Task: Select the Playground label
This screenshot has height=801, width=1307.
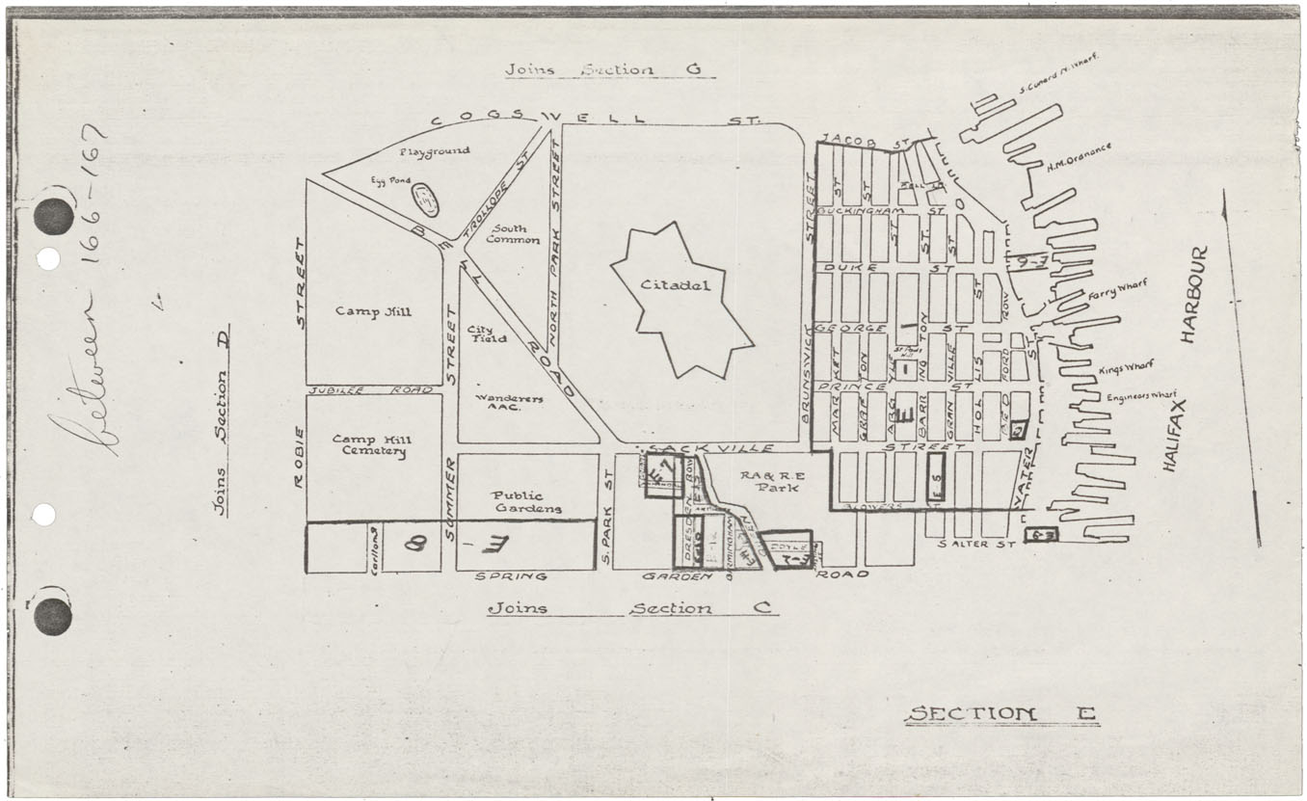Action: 435,151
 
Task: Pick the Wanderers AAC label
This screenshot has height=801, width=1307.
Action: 510,403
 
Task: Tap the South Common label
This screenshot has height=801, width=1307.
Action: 513,233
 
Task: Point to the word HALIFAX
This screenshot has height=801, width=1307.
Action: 1170,435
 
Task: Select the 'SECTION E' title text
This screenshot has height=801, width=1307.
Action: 1000,714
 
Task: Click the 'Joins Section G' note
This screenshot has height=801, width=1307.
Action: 608,70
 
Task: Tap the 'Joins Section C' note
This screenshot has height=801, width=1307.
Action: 630,608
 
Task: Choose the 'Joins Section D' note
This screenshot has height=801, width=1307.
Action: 222,420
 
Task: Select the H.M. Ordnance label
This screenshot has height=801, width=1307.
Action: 1079,157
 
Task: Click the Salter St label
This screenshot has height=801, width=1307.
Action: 977,545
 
